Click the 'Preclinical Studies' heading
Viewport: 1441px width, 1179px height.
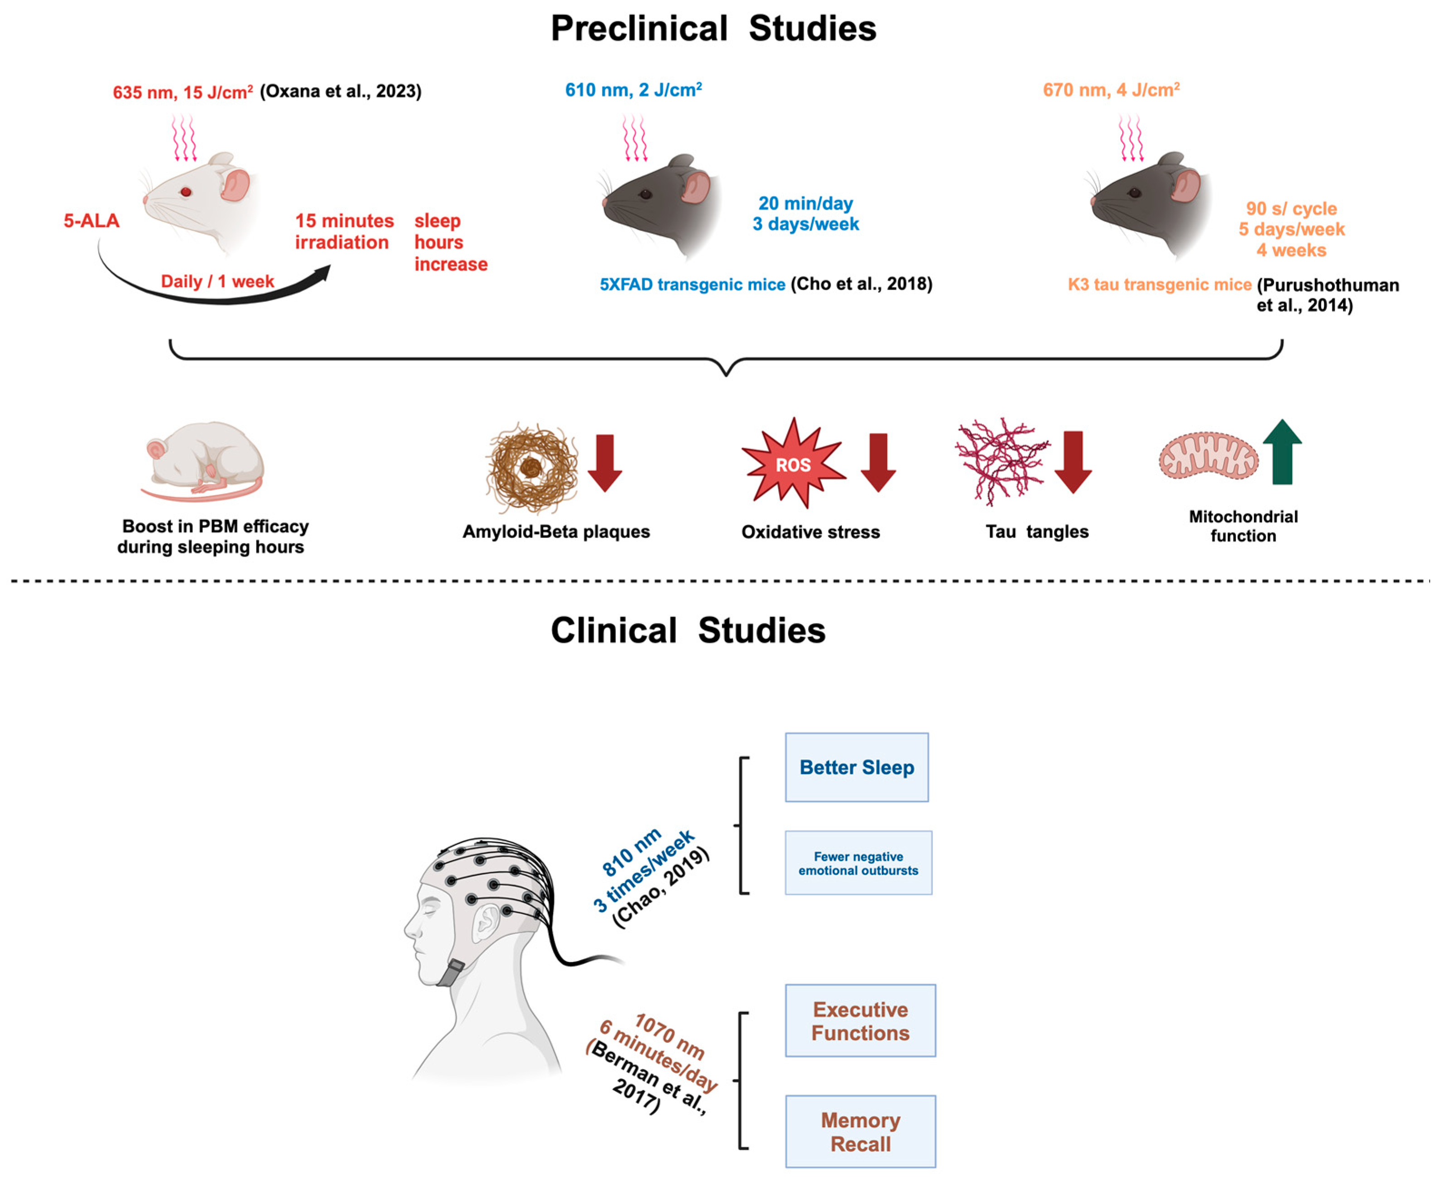713,29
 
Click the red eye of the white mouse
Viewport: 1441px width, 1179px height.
185,192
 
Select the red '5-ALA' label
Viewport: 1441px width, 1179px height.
92,221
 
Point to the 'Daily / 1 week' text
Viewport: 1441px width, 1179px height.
217,281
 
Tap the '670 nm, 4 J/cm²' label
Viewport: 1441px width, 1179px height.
1111,89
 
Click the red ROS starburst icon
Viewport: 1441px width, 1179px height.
793,464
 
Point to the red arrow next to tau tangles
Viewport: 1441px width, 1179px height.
1073,462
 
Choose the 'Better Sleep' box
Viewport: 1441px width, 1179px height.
857,767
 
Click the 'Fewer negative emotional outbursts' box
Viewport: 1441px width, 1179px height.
858,863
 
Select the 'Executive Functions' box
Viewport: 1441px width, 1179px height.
861,1021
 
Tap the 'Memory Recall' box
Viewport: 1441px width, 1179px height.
861,1132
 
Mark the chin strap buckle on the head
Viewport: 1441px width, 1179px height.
450,972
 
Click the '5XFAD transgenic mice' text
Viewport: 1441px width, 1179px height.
692,285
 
